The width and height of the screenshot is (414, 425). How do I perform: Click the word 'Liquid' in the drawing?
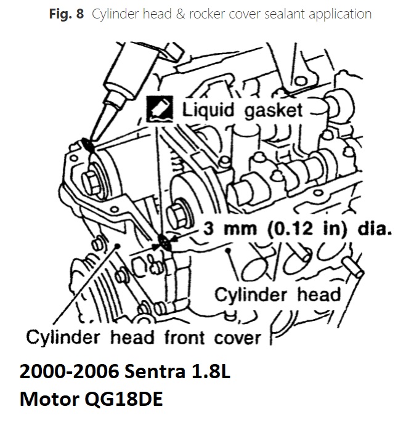tap(207, 111)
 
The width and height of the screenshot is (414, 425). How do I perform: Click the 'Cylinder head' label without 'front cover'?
tap(277, 294)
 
